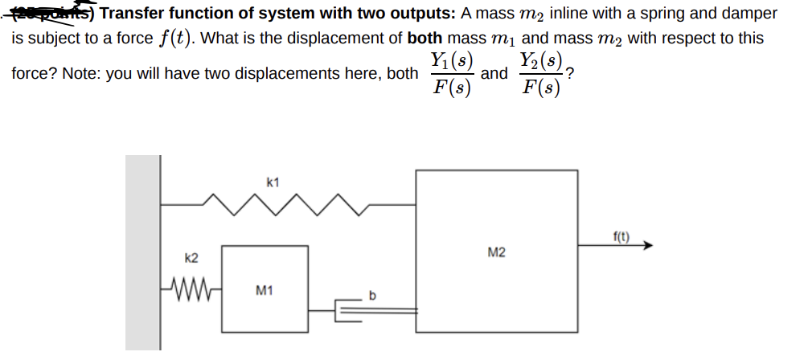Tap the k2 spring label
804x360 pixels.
191,258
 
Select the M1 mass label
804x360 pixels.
264,290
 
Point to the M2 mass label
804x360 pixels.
496,253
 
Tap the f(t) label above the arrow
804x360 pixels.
621,236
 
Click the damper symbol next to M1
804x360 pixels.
352,306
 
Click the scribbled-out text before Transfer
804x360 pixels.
55,12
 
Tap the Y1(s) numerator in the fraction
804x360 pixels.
451,60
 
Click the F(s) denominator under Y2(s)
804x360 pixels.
540,87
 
